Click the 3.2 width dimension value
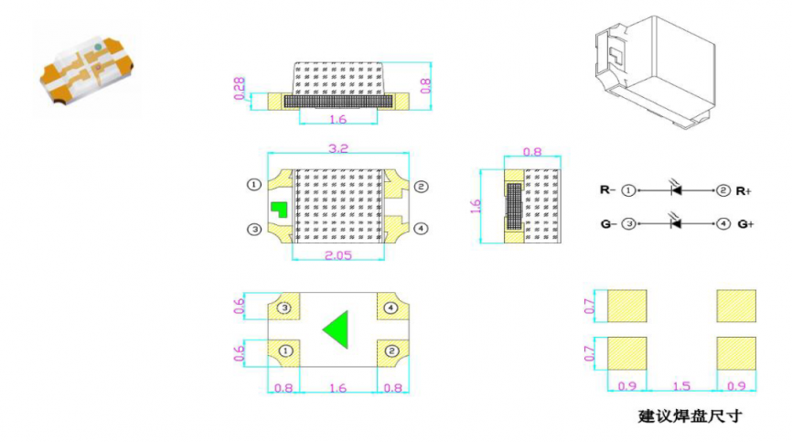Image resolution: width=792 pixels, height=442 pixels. (337, 148)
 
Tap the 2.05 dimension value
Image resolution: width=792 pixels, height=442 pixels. (337, 255)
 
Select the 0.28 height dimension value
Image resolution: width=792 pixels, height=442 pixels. (239, 89)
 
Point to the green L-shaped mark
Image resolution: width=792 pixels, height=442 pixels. (279, 209)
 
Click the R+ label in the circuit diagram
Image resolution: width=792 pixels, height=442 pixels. (744, 191)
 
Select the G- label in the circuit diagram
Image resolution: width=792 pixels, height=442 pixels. (607, 223)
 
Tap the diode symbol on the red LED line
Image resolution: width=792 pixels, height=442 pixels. (676, 189)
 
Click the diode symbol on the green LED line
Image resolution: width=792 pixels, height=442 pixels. (676, 222)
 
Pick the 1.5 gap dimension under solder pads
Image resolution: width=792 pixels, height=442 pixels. (681, 386)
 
